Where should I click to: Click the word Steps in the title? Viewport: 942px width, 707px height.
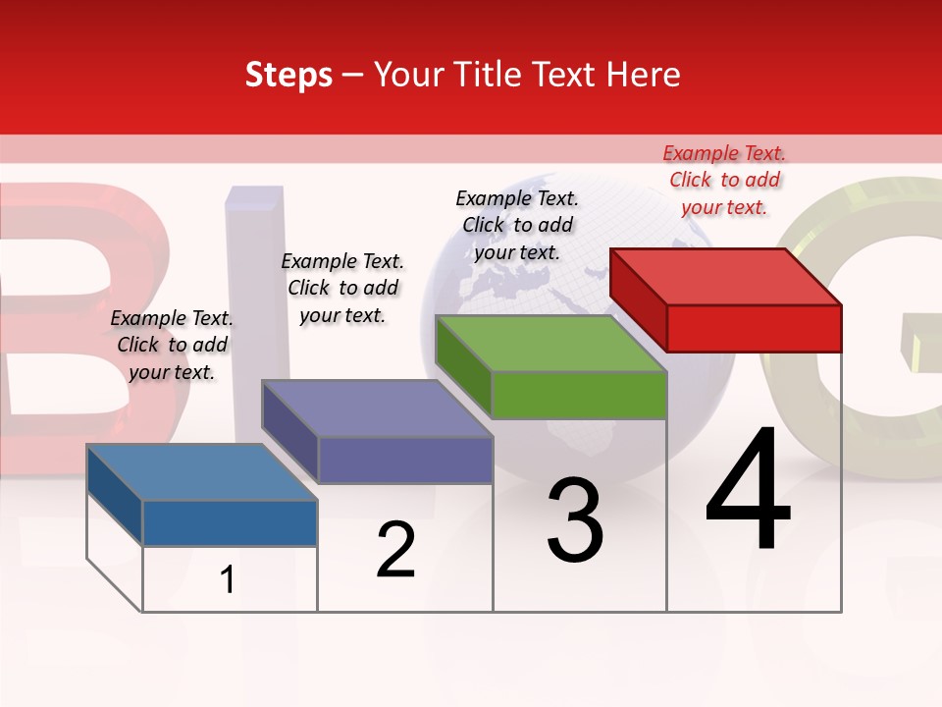[x=288, y=75]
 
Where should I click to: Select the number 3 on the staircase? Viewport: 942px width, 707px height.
[x=574, y=520]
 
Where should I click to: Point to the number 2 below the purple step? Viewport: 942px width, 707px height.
[x=395, y=550]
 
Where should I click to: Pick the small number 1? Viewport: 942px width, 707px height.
[x=228, y=579]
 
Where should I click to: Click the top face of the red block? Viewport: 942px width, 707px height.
[x=726, y=276]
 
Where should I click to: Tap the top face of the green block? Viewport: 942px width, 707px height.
[x=551, y=344]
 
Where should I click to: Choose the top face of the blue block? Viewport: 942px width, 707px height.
[x=202, y=472]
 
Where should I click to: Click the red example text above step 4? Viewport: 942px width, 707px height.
[x=724, y=180]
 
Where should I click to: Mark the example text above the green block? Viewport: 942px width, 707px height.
[x=517, y=225]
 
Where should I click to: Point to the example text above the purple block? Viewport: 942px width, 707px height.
[x=342, y=288]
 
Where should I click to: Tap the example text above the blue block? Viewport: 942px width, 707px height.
[x=172, y=345]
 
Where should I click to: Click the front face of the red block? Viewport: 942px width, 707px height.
[x=754, y=328]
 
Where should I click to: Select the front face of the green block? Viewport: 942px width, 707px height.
[x=579, y=395]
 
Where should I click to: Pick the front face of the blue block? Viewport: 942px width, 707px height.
[x=230, y=522]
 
